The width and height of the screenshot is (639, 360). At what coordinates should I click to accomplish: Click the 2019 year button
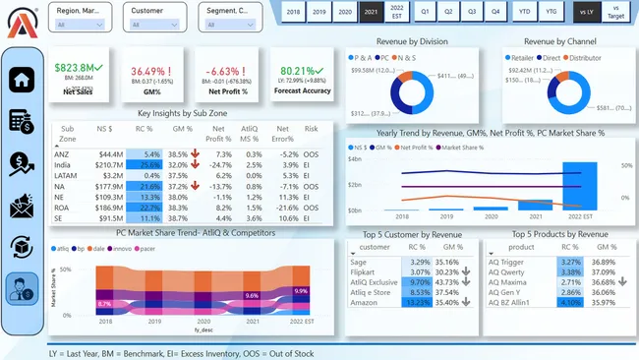click(x=319, y=12)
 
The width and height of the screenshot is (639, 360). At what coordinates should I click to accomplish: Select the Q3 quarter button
click(x=471, y=12)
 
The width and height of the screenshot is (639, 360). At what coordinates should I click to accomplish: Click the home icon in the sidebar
click(x=24, y=80)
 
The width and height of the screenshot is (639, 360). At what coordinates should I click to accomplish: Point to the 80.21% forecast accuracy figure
click(x=298, y=71)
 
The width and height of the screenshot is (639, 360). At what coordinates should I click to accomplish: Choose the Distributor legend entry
click(x=584, y=58)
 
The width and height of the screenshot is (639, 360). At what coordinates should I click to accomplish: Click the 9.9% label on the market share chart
click(x=301, y=292)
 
